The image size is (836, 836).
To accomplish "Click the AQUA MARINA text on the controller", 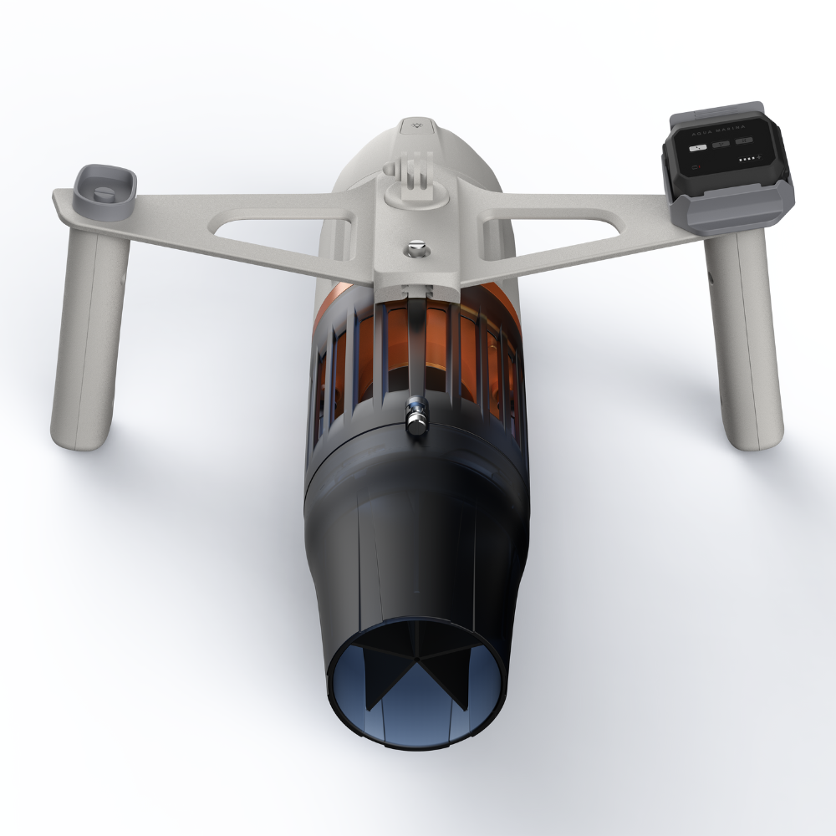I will (x=724, y=132).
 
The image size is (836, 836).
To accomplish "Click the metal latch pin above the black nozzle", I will (x=415, y=414).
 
